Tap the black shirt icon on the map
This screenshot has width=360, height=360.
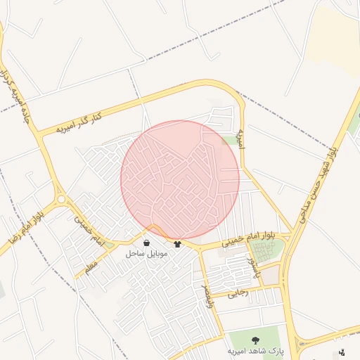click(177, 243)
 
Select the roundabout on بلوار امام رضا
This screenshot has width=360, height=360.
click(60, 200)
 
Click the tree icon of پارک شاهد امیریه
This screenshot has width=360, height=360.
click(255, 340)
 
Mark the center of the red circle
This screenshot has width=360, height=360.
click(180, 180)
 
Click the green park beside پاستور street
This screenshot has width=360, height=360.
click(270, 250)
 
